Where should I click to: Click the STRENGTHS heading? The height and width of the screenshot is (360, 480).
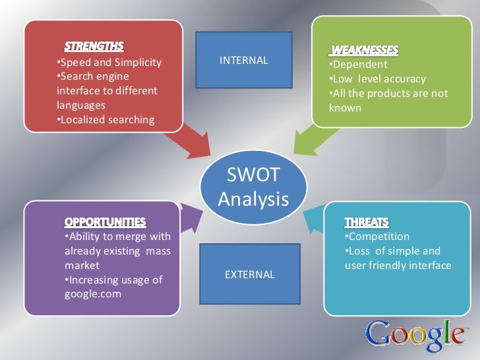tap(93, 47)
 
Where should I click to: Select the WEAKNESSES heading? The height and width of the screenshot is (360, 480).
tap(365, 51)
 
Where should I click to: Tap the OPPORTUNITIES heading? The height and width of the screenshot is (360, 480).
tap(105, 220)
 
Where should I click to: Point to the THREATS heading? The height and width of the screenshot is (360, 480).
tap(366, 221)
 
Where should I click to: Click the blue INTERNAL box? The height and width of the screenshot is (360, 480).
tap(243, 61)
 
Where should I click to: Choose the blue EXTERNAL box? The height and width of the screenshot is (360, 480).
tap(249, 274)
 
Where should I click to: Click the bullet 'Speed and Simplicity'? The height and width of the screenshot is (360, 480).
tap(108, 63)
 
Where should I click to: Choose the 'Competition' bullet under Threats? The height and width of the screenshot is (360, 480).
tap(376, 236)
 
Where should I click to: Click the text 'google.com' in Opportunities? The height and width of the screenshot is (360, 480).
tap(92, 294)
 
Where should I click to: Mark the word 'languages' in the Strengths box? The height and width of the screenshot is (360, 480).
tap(81, 105)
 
